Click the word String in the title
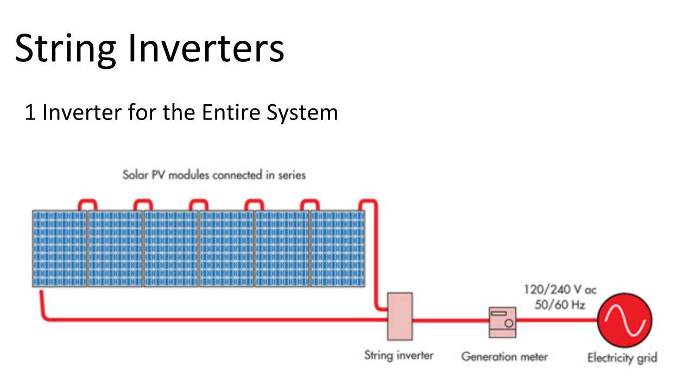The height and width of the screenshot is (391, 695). [66, 49]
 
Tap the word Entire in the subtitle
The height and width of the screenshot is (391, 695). [231, 112]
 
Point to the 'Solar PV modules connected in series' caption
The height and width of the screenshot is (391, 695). [214, 175]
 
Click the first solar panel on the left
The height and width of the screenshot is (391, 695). [60, 248]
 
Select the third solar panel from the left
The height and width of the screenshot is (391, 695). [170, 248]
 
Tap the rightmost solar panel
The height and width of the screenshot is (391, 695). [338, 248]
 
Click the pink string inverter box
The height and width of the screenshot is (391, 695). [400, 316]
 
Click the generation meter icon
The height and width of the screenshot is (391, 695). [503, 322]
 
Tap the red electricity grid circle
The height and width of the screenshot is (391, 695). [624, 320]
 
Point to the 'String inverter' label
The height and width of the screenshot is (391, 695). [399, 355]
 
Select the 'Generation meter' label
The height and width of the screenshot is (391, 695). [504, 357]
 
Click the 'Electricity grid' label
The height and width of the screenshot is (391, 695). [622, 358]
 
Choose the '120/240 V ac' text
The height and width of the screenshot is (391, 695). [560, 289]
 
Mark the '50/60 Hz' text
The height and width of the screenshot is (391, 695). [560, 305]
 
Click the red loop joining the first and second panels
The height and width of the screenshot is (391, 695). [87, 200]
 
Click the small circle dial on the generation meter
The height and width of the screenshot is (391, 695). [509, 323]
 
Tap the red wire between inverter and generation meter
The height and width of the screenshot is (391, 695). [451, 320]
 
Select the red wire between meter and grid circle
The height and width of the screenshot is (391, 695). [557, 320]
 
